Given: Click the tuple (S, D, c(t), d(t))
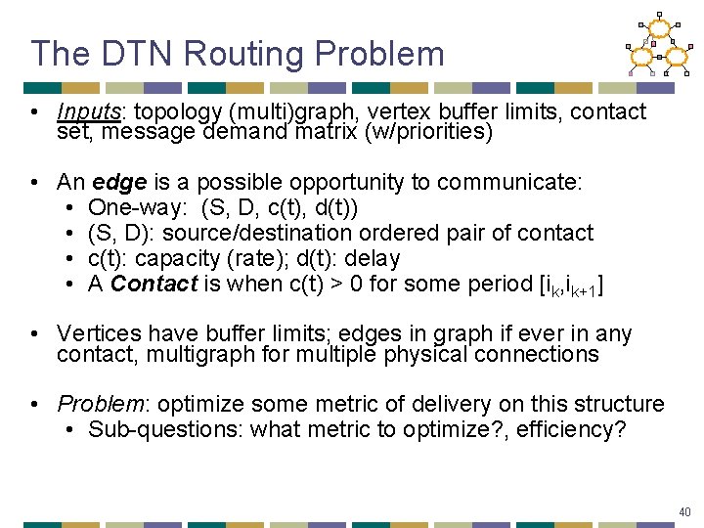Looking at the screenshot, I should (279, 207).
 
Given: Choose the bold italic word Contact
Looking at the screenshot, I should (147, 284).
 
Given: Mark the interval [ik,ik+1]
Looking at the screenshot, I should (570, 286).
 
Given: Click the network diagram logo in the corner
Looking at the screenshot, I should (659, 44).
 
